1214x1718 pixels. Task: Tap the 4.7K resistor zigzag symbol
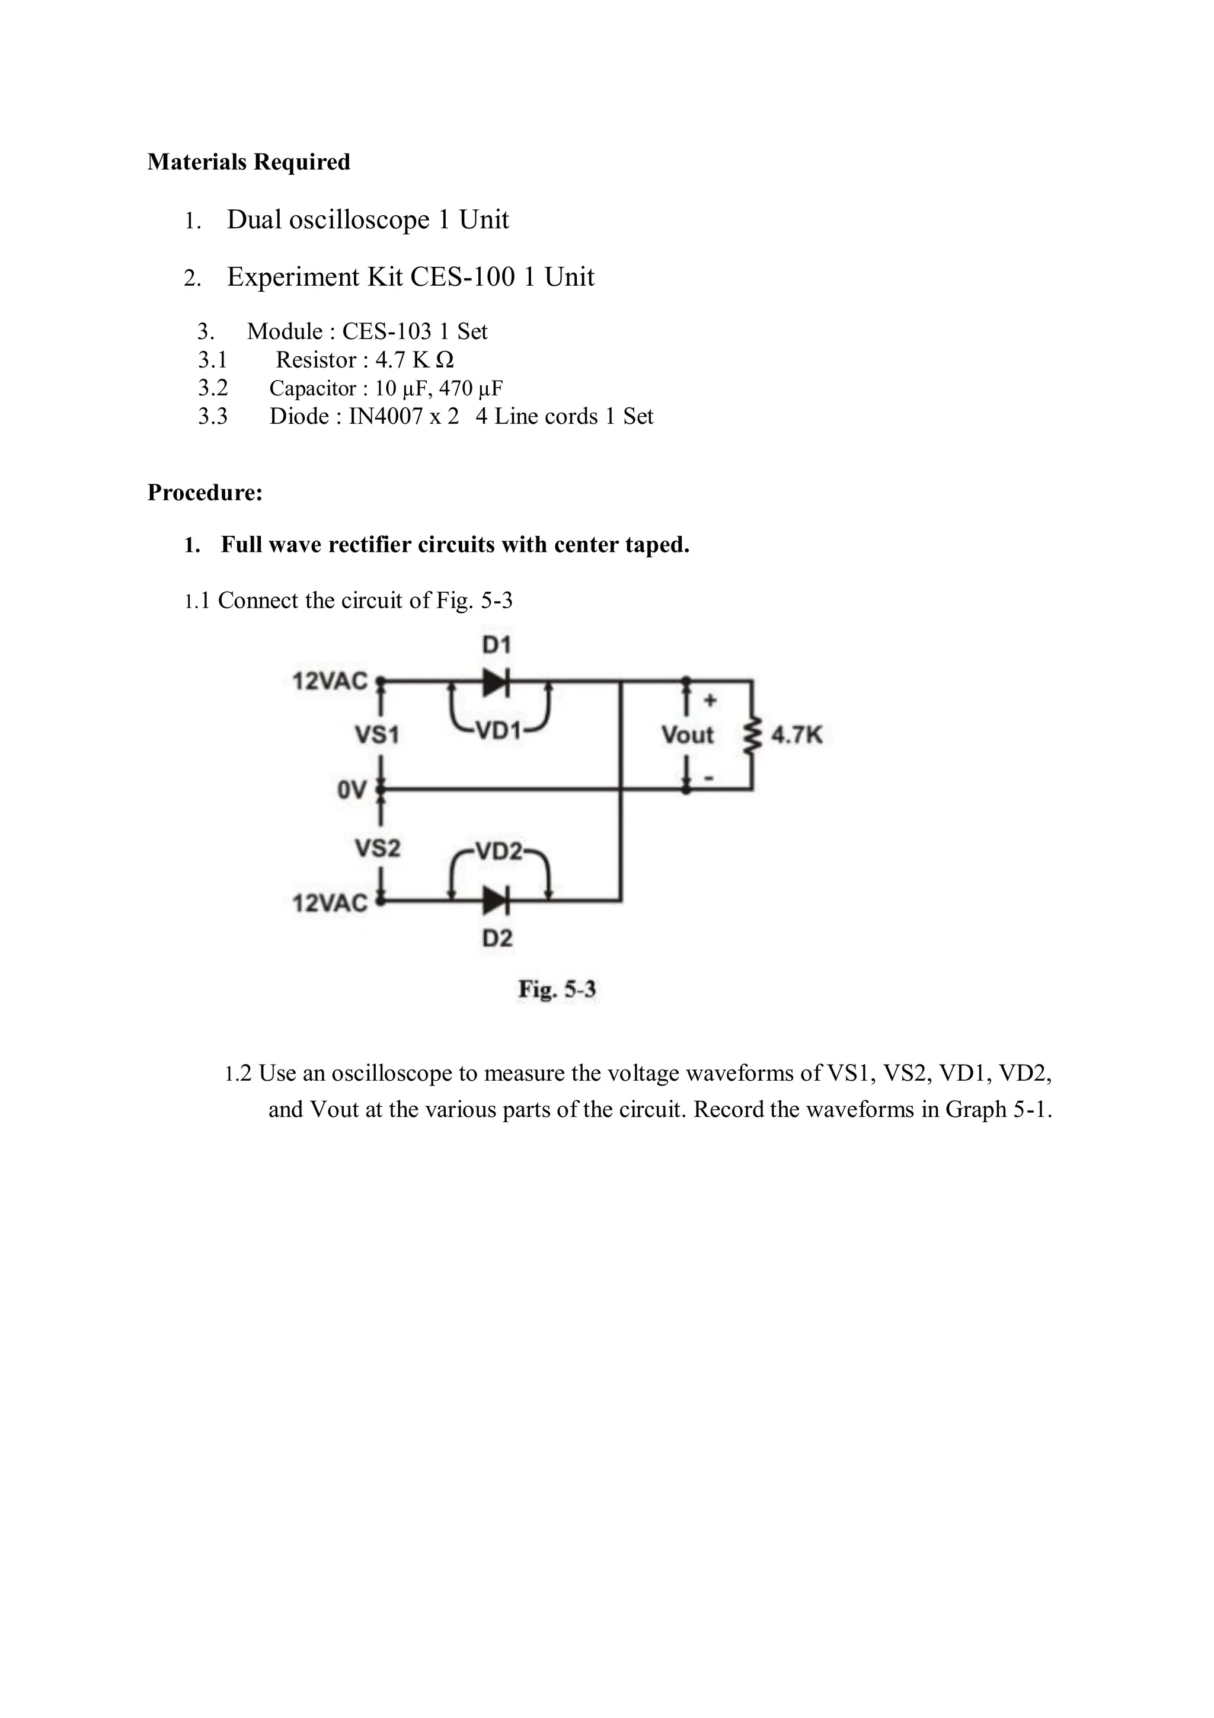point(752,736)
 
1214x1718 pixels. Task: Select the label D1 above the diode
point(497,645)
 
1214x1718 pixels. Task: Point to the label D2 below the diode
point(497,938)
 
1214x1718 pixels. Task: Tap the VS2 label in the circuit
point(378,848)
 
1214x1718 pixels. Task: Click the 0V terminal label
point(352,790)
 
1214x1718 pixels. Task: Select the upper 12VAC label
point(330,682)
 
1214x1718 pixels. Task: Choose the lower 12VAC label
point(330,903)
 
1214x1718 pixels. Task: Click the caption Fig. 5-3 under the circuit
point(557,990)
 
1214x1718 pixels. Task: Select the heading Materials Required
point(248,162)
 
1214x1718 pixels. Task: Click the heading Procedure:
point(205,493)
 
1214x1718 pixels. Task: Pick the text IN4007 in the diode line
point(386,416)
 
